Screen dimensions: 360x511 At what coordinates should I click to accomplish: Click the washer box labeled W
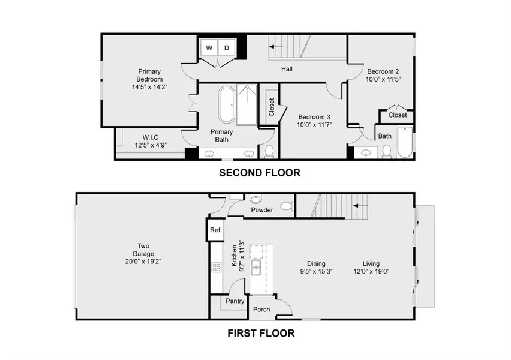(x=209, y=48)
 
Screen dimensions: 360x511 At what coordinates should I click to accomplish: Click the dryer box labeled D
(x=227, y=48)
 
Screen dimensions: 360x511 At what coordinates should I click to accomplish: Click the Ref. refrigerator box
(x=215, y=230)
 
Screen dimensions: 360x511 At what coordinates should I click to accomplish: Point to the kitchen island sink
(x=256, y=267)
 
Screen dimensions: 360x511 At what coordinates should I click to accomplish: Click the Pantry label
(x=235, y=301)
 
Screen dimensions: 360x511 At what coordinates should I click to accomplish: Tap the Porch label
(x=261, y=310)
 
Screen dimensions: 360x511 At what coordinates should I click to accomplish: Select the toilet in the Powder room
(x=286, y=207)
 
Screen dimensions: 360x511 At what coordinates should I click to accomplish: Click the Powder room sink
(x=256, y=199)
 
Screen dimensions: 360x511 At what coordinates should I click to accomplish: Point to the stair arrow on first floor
(x=360, y=205)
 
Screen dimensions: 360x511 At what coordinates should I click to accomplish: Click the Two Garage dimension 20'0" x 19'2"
(x=143, y=262)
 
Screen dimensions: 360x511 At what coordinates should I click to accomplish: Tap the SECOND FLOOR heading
(x=259, y=173)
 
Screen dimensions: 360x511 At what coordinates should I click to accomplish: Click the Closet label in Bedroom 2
(x=397, y=115)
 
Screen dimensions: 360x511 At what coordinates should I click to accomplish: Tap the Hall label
(x=287, y=69)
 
